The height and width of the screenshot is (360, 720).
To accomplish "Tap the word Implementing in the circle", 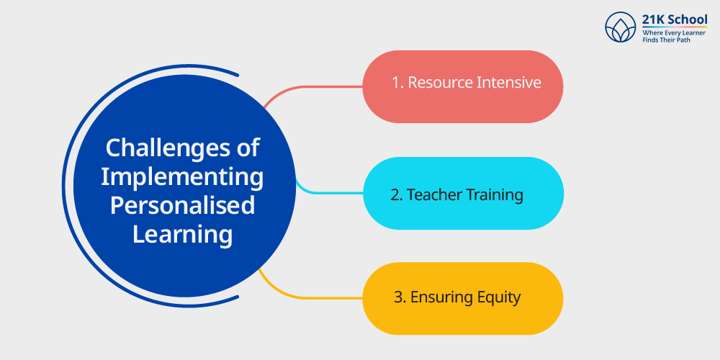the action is [182, 178].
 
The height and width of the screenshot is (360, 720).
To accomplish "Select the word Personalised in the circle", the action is [182, 205].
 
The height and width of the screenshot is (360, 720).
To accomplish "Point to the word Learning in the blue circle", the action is [182, 235].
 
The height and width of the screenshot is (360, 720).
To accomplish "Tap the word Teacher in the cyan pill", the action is [434, 195].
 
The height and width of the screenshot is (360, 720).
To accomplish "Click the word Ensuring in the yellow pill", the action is [438, 298].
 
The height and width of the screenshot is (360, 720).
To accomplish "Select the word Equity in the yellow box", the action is [495, 298].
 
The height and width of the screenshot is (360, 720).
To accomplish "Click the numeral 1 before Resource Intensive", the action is [396, 83].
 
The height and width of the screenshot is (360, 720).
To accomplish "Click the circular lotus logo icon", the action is [621, 27].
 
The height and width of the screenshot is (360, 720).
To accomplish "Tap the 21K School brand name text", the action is [675, 19].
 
